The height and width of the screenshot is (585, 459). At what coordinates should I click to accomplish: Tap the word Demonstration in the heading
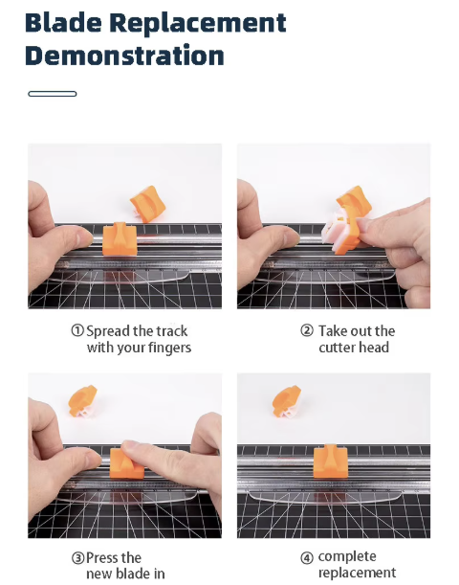(x=124, y=56)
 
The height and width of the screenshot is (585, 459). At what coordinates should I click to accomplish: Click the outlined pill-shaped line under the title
(x=53, y=94)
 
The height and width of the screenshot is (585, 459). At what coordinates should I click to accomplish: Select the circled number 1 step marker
(x=77, y=330)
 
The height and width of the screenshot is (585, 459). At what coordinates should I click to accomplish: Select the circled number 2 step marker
(x=307, y=330)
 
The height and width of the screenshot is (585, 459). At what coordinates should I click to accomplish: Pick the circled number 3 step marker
(x=77, y=558)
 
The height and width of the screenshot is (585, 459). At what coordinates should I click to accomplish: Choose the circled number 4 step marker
(x=307, y=558)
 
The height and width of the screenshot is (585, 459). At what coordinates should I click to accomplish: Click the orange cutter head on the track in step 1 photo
(x=120, y=239)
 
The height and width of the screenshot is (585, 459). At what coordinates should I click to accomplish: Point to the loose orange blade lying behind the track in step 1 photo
(x=148, y=203)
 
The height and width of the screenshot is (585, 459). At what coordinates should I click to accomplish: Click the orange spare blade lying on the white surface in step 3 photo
(x=82, y=401)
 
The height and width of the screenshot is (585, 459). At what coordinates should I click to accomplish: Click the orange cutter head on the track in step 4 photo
(x=331, y=461)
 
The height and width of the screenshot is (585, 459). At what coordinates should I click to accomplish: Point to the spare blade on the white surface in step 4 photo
(x=287, y=401)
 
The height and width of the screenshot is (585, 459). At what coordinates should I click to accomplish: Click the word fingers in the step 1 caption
(x=170, y=349)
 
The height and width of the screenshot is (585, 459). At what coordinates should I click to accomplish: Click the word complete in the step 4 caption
(x=347, y=556)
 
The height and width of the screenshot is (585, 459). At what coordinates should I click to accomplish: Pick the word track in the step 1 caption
(x=172, y=331)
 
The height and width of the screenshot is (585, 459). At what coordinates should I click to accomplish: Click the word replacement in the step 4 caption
(x=358, y=573)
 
